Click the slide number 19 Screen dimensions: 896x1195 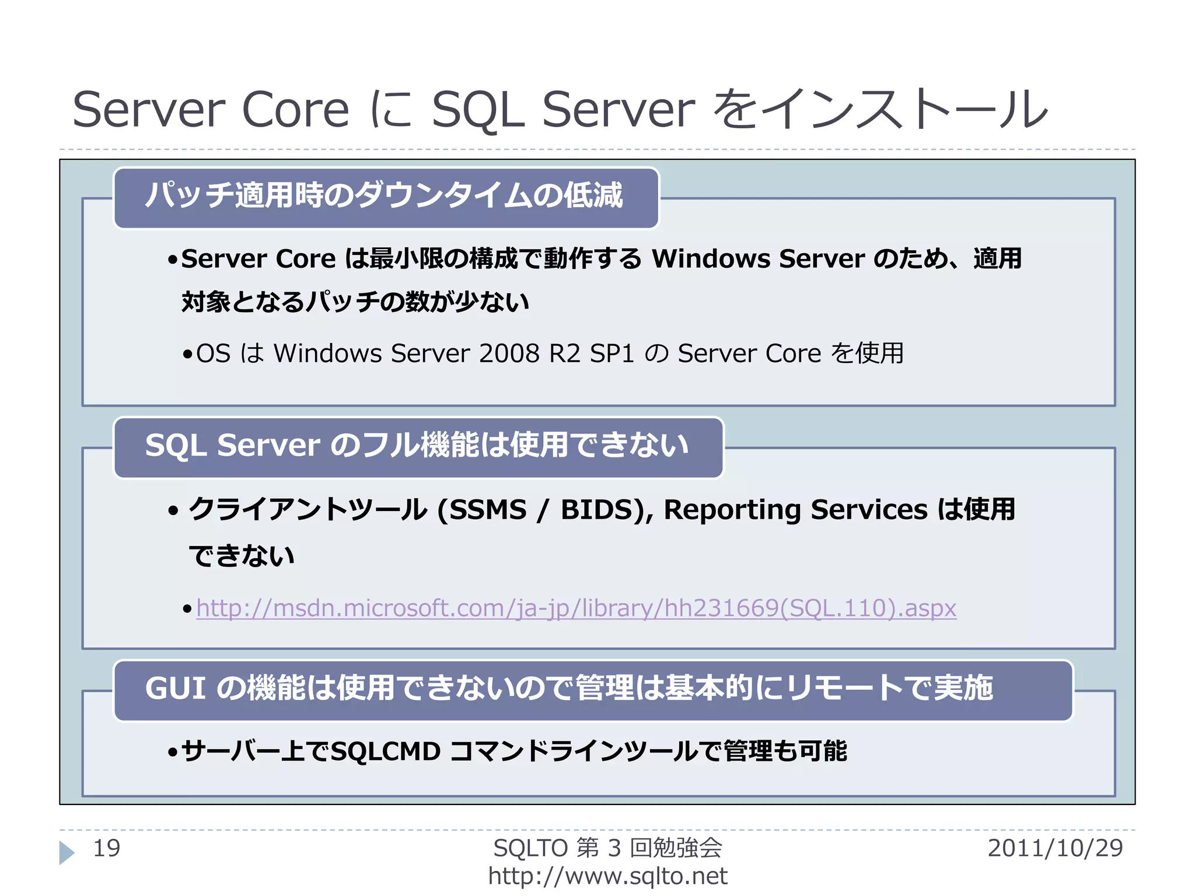click(106, 848)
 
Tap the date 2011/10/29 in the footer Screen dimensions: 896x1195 click(1055, 848)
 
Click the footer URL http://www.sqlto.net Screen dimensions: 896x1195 click(607, 876)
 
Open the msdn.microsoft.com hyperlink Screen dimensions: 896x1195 click(576, 608)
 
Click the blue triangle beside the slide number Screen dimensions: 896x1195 click(67, 852)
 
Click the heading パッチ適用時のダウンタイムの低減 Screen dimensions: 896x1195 click(385, 195)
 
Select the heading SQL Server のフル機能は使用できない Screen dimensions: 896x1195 click(417, 446)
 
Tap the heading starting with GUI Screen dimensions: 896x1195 click(569, 688)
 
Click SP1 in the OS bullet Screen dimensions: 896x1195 click(612, 353)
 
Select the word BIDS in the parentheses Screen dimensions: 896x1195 click(597, 510)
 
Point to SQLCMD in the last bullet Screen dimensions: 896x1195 click(386, 751)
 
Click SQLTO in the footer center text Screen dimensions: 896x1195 click(530, 848)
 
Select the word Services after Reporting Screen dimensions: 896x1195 click(869, 510)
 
